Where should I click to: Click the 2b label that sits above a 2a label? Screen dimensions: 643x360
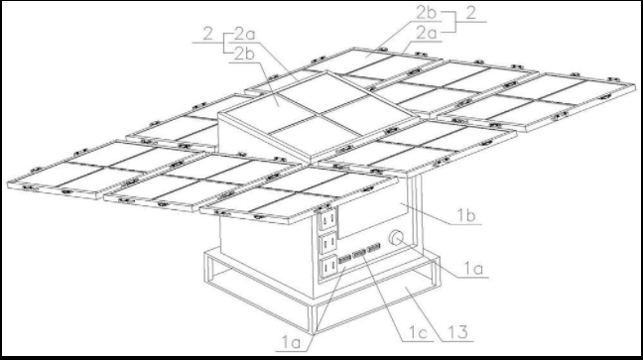[426, 12]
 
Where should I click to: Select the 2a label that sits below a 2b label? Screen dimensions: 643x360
[427, 33]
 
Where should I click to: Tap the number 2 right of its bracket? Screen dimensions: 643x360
[471, 13]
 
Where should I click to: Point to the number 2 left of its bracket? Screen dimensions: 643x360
[208, 34]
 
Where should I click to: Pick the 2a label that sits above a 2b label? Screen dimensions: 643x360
[244, 34]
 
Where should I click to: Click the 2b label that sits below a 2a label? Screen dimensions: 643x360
[244, 54]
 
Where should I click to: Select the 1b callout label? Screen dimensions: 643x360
[466, 215]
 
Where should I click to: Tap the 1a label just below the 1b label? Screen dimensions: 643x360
[473, 269]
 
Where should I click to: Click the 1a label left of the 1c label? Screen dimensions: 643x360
[291, 343]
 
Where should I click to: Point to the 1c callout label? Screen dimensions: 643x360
[419, 333]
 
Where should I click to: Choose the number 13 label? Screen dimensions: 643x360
[457, 332]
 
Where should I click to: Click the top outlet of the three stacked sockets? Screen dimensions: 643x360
[327, 219]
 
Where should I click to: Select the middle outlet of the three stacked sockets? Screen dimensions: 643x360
[328, 243]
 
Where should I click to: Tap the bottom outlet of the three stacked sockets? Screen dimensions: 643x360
[328, 266]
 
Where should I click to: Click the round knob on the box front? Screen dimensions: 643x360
[396, 238]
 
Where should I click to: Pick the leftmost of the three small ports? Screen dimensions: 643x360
[344, 259]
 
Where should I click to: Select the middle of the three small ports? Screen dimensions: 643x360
[359, 254]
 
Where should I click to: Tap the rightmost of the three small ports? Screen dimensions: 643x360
[373, 248]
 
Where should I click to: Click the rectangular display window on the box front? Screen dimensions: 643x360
[372, 216]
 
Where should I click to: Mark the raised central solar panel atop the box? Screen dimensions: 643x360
[319, 116]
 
